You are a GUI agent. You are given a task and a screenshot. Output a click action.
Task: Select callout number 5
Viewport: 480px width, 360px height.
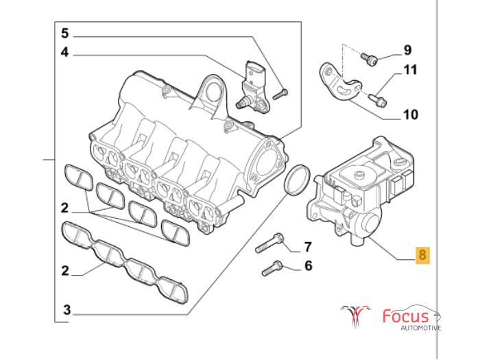point(65,33)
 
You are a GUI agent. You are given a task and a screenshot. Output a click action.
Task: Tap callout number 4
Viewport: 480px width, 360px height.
point(65,52)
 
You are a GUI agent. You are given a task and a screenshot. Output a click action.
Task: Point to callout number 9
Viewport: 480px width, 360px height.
point(407,49)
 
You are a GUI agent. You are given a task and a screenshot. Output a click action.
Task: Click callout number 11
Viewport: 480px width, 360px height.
point(409,69)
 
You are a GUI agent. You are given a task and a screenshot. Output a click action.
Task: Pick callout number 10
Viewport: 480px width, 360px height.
point(410,115)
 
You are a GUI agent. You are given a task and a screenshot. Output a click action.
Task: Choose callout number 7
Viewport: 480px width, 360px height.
point(308,247)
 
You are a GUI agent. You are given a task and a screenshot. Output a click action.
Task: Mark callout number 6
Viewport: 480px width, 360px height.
point(308,265)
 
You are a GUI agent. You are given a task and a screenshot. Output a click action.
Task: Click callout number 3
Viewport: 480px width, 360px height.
point(67,310)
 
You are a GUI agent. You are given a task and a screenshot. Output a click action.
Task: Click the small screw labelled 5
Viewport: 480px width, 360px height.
point(280,92)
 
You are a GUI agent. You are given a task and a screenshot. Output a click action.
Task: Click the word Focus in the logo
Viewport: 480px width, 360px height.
point(405,317)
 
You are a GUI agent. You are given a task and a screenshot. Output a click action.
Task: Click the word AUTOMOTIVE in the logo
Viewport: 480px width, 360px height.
point(420,328)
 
